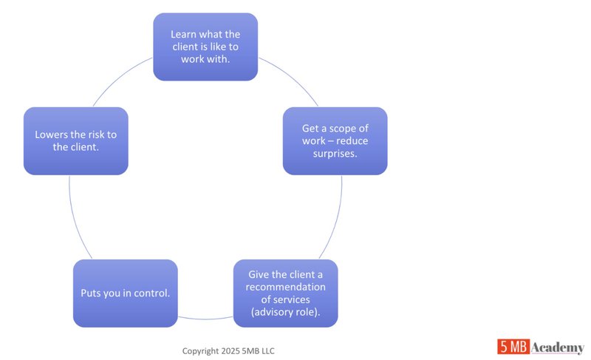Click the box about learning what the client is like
pyautogui.click(x=205, y=47)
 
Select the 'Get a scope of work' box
pyautogui.click(x=335, y=140)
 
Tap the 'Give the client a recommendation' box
pyautogui.click(x=287, y=293)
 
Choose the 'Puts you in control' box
pyautogui.click(x=125, y=293)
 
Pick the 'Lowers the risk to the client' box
pyautogui.click(x=75, y=140)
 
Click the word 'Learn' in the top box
pyautogui.click(x=184, y=34)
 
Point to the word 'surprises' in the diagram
pyautogui.click(x=335, y=153)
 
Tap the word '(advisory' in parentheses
pyautogui.click(x=268, y=311)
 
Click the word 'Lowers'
pyautogui.click(x=52, y=135)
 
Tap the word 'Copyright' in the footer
pyautogui.click(x=202, y=350)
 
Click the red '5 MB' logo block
pyautogui.click(x=512, y=347)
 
